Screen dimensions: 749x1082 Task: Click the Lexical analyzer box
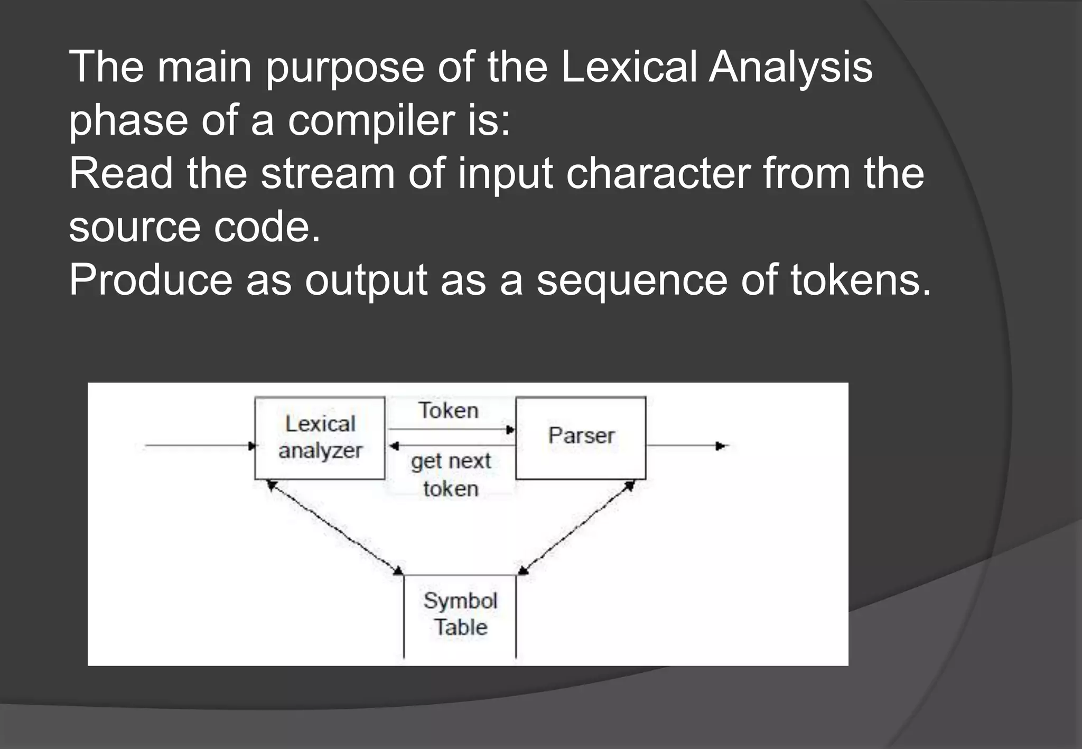tap(320, 438)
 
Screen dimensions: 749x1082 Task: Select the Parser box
tap(581, 437)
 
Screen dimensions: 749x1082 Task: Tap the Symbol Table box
tap(460, 615)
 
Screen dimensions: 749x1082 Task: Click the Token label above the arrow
tap(449, 411)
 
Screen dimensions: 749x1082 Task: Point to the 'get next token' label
tap(451, 475)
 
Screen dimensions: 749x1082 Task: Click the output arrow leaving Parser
tap(687, 446)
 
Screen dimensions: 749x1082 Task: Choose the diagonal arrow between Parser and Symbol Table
tap(576, 527)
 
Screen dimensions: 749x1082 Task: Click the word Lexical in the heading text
tap(628, 67)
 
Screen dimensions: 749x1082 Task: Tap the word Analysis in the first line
tap(790, 67)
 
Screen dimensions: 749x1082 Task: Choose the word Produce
tap(151, 279)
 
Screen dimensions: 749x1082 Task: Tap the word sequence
tap(632, 280)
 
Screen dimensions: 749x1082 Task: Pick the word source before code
tap(135, 227)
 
